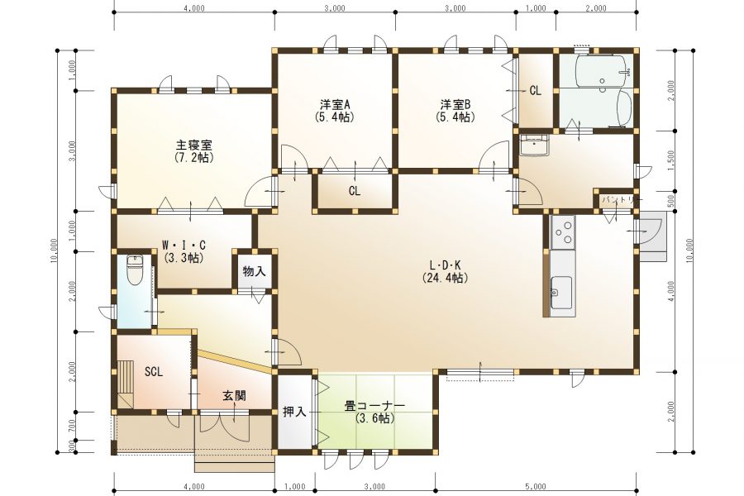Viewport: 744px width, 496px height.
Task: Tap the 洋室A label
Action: coord(336,104)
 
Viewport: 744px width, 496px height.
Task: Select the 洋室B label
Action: coord(455,104)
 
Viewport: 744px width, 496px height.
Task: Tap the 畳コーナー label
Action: coord(374,406)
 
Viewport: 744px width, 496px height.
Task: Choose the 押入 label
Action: coord(294,411)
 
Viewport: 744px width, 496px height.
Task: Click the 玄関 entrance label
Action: coord(234,395)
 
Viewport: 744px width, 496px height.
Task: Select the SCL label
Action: coord(154,371)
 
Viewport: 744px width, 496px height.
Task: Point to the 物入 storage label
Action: coord(254,270)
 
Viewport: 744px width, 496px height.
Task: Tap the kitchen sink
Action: coord(560,289)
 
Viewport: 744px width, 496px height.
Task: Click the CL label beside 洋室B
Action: coord(535,91)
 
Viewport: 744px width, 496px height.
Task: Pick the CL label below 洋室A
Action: coord(354,191)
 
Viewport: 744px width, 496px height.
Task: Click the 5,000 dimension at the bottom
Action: coord(535,486)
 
